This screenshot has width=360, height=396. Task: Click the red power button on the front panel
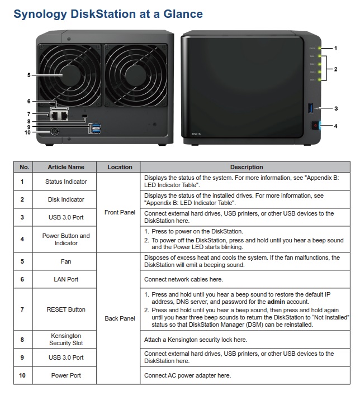(315, 125)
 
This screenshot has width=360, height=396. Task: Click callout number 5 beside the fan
(29, 74)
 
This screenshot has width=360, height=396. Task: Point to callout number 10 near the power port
(27, 132)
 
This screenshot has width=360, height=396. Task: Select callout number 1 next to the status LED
(335, 48)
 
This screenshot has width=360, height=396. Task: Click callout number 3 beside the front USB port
(335, 108)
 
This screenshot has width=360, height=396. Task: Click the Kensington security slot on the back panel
(84, 116)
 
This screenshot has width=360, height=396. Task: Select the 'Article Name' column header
(65, 167)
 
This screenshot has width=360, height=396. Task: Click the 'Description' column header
(246, 167)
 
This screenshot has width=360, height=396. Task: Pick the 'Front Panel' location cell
(119, 212)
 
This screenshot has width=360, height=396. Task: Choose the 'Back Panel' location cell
(119, 318)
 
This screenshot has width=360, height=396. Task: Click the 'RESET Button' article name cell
(65, 309)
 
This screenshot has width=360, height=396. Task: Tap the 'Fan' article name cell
(65, 261)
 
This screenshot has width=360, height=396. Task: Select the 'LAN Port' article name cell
(65, 279)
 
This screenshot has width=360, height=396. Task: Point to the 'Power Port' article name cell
(65, 375)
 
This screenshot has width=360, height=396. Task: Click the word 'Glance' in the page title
(177, 14)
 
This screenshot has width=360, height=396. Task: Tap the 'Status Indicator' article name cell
(65, 182)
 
